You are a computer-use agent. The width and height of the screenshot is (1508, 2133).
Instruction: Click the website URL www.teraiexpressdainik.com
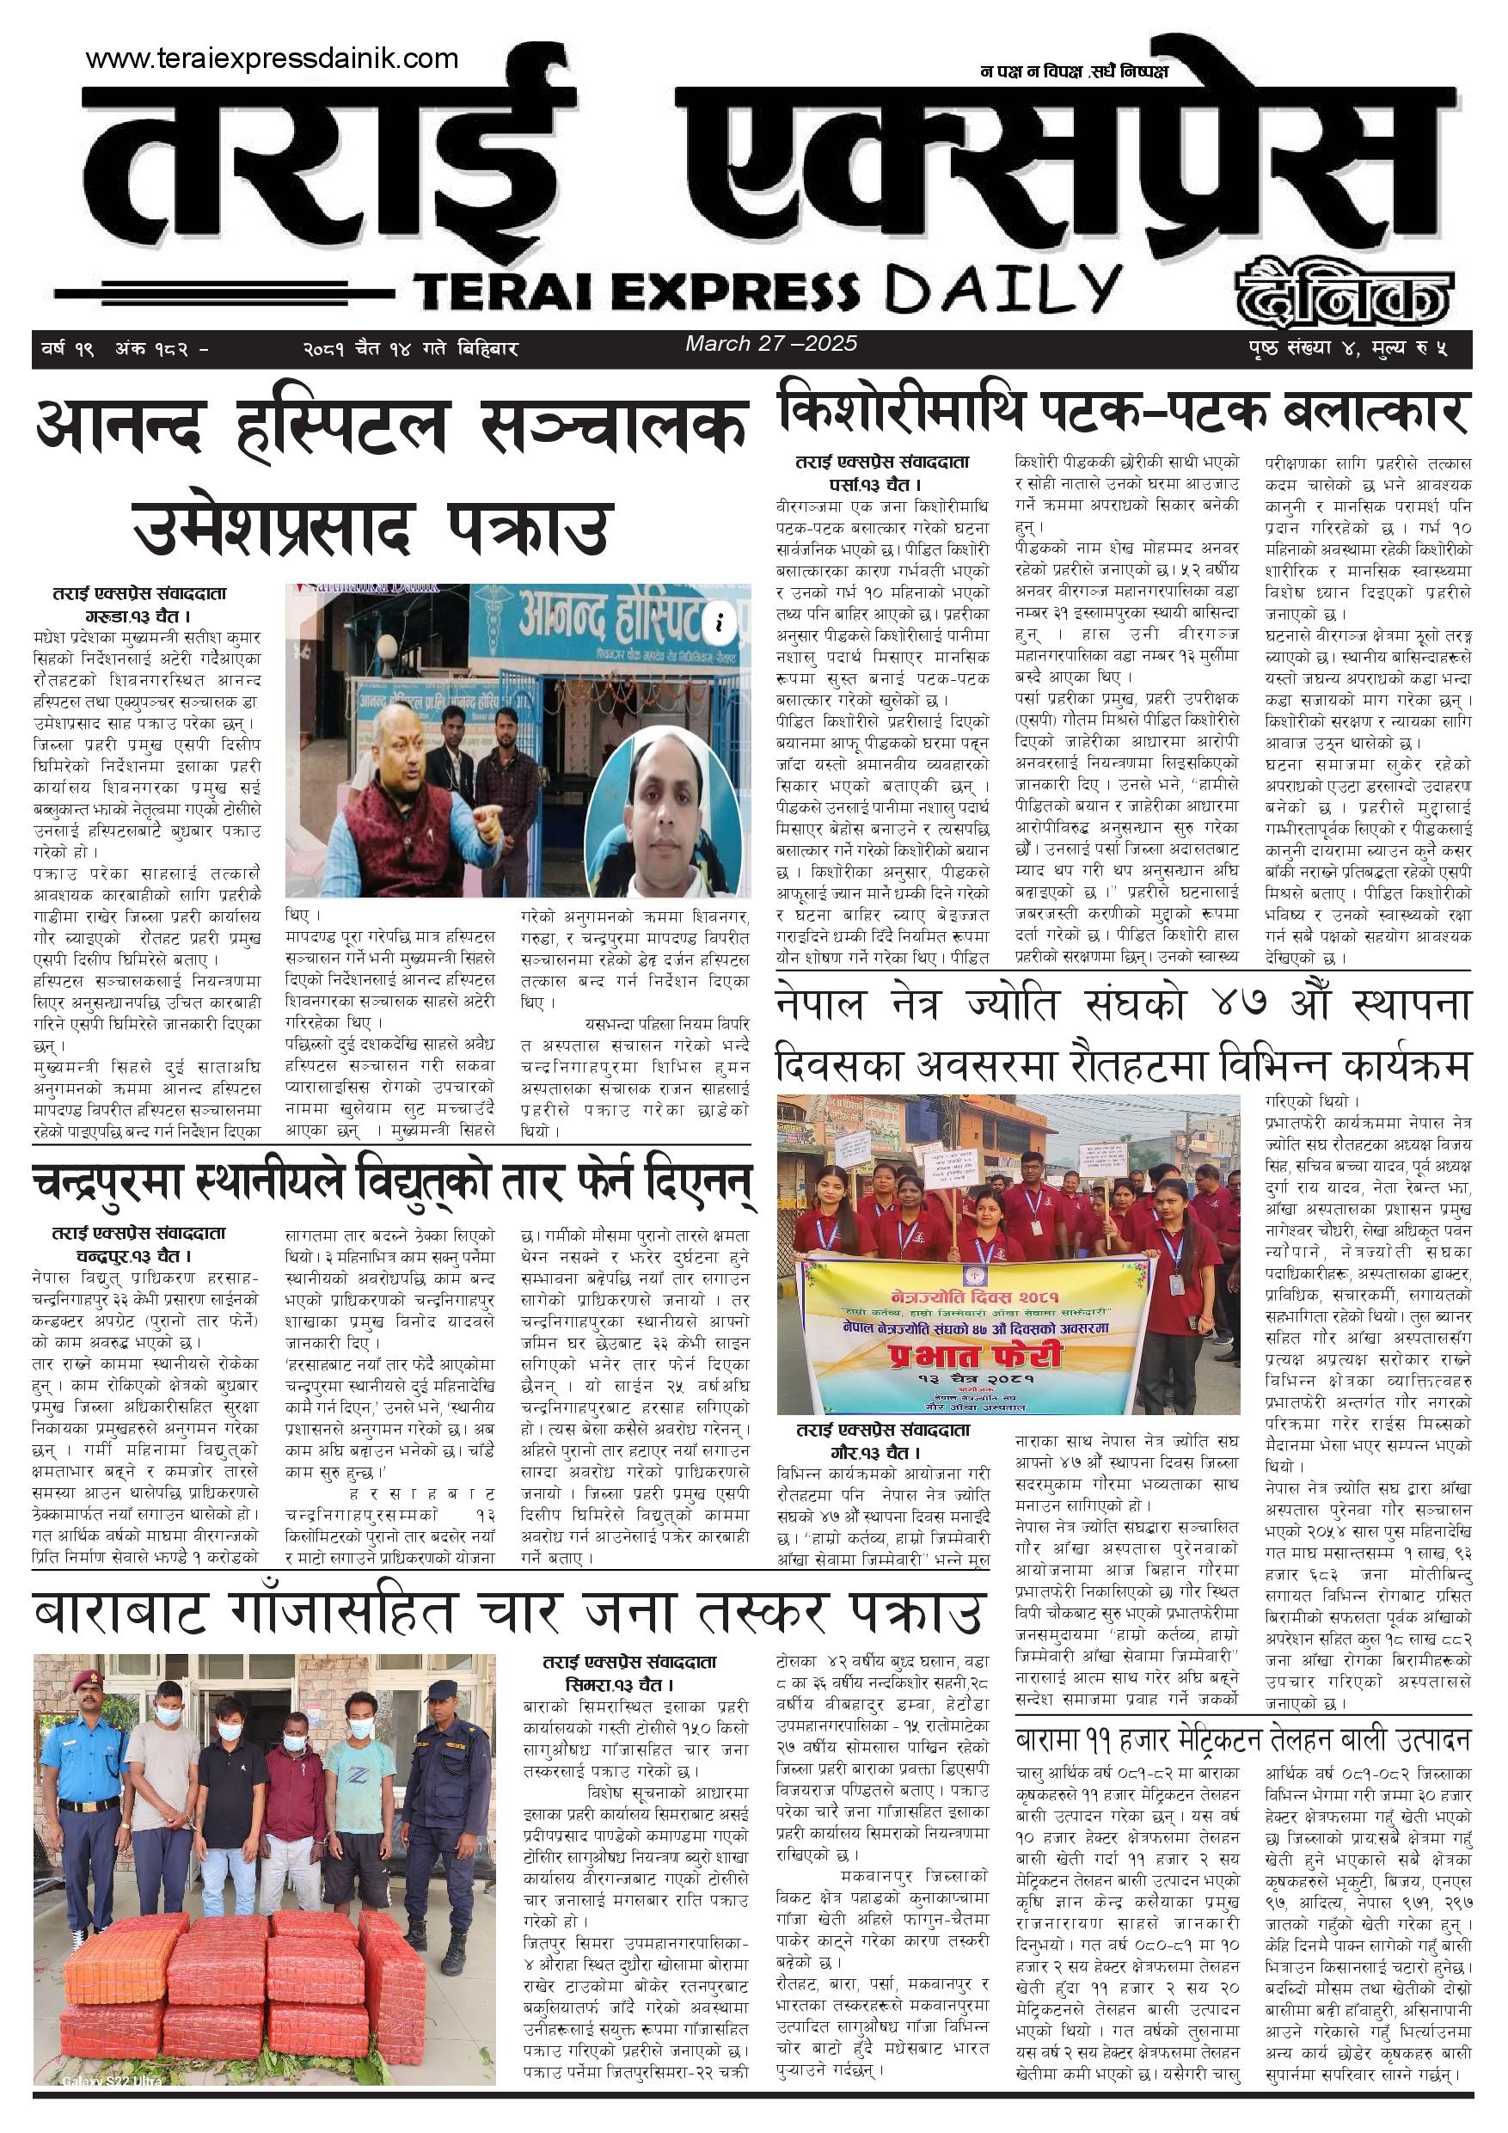[x=272, y=58]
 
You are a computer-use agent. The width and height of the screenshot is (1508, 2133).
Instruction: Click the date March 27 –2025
[x=770, y=344]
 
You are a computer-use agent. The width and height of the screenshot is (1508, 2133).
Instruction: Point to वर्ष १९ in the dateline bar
[x=67, y=349]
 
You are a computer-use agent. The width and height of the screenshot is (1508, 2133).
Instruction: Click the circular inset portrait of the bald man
[x=665, y=811]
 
